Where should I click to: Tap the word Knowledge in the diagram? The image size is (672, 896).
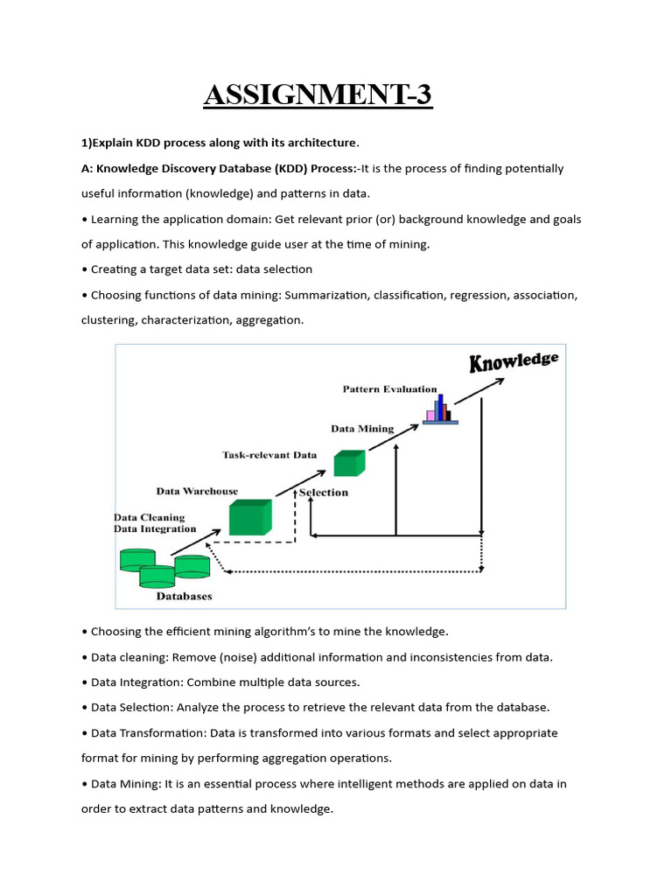[x=514, y=360]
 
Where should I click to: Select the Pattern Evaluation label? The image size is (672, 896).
[x=389, y=388]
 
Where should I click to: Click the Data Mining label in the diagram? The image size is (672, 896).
[x=362, y=429]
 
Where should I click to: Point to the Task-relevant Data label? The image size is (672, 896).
[x=269, y=455]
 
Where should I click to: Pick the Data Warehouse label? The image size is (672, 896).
[x=197, y=491]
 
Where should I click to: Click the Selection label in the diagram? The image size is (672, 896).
[x=324, y=493]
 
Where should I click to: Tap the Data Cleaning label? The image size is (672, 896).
[x=150, y=517]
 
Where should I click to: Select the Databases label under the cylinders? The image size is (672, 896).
[x=184, y=597]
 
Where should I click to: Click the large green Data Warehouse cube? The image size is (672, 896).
[x=250, y=517]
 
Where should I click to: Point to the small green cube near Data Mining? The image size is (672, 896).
[x=349, y=463]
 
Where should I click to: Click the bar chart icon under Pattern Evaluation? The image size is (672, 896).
[x=440, y=409]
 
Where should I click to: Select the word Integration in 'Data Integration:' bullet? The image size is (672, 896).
[x=155, y=682]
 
